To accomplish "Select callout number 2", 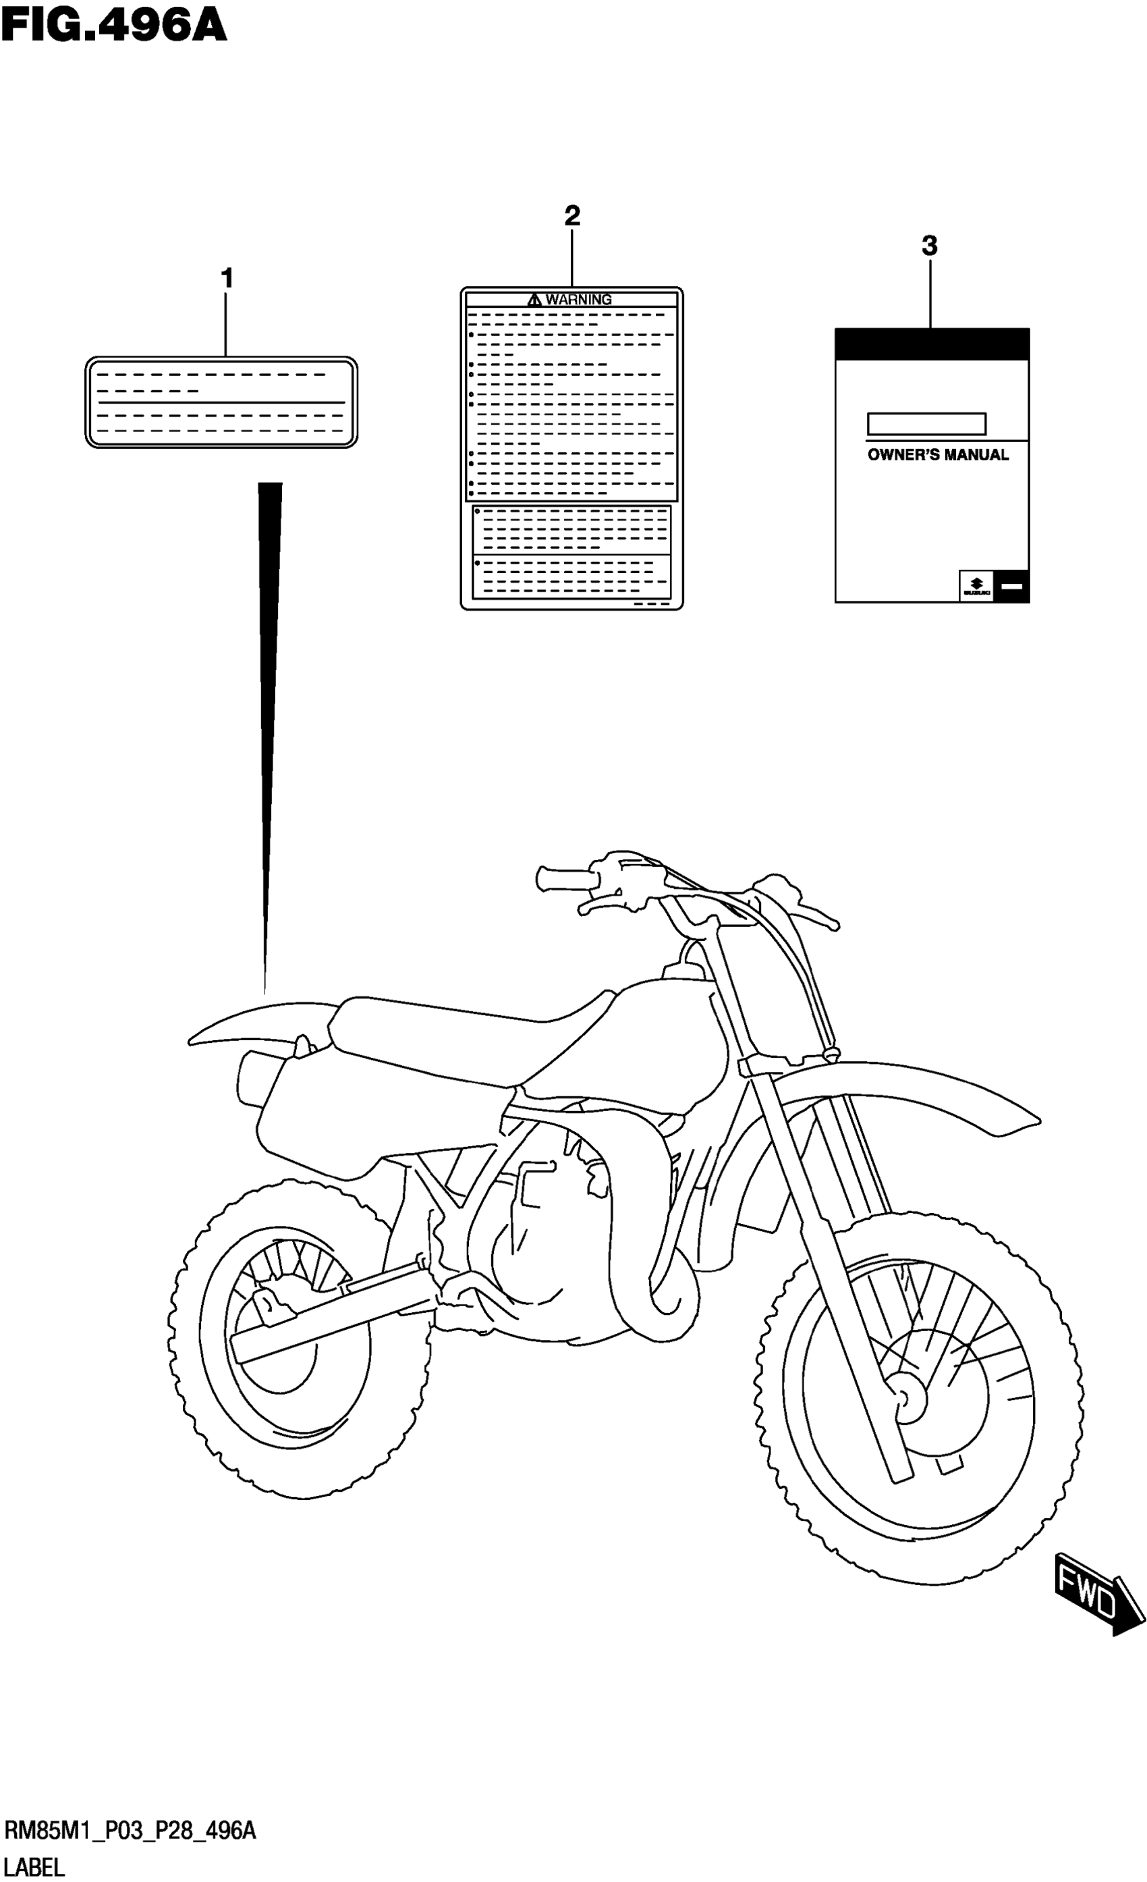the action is [x=572, y=216].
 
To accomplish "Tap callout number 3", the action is [x=929, y=246].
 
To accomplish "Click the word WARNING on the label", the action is [x=578, y=300].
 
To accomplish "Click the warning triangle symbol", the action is [x=534, y=300].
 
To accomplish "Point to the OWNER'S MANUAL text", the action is [x=938, y=455].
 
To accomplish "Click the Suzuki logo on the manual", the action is [x=976, y=587].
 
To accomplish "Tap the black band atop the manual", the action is [x=932, y=344].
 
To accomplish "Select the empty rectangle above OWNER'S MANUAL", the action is [x=926, y=424].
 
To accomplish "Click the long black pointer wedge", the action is [x=269, y=687].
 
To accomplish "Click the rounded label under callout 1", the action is [x=221, y=402].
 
